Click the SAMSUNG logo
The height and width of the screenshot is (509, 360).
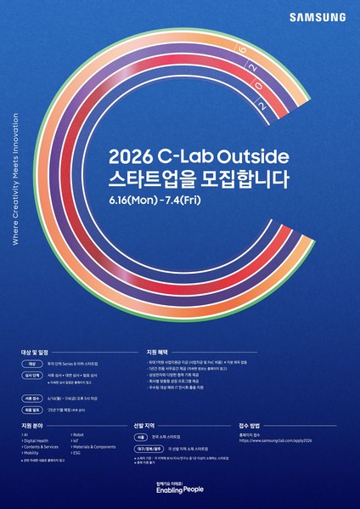[317, 16]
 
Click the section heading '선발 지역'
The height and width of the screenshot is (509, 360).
[146, 424]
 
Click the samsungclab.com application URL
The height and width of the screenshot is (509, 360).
[275, 441]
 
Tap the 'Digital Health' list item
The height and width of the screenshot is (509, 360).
[39, 440]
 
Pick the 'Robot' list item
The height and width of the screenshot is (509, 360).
[78, 434]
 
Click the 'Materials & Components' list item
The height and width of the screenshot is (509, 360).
[94, 447]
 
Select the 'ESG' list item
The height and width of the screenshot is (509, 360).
[77, 453]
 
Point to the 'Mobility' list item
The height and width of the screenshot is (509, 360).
[34, 453]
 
